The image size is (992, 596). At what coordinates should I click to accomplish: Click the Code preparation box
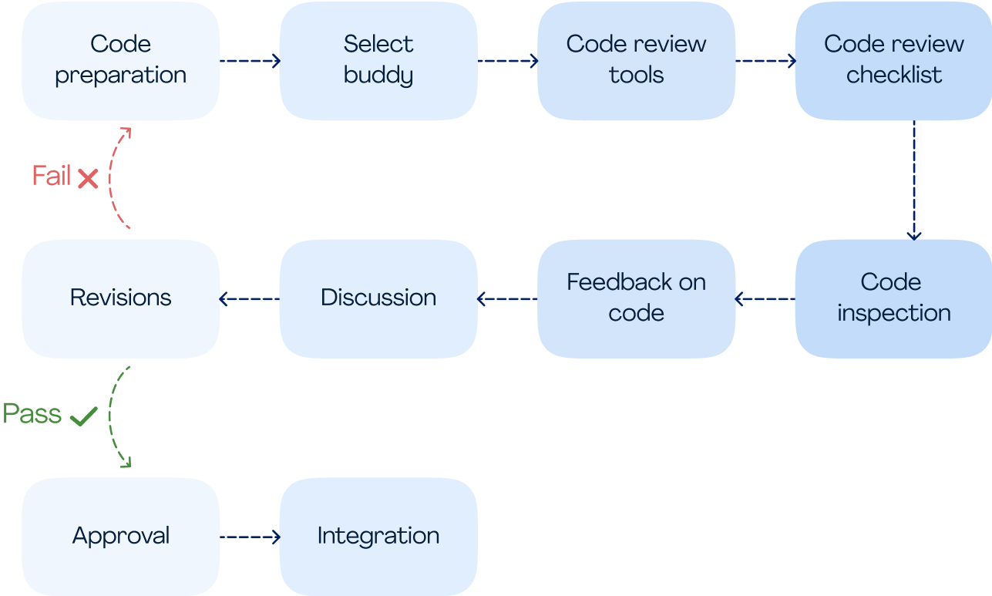coord(120,61)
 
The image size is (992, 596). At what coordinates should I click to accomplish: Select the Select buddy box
coord(378,61)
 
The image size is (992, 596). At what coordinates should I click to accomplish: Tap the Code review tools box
coord(637,61)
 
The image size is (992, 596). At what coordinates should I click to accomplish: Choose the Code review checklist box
coord(893,61)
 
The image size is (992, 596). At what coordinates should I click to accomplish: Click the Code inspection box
coord(893,299)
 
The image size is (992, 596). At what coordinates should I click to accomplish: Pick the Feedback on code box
coord(637,299)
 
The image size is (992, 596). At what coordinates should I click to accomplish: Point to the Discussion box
coord(378,299)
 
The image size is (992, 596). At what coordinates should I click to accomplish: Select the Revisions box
coord(120,299)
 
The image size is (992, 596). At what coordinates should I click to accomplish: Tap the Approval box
coord(120,537)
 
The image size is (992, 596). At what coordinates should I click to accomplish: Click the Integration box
coord(378,537)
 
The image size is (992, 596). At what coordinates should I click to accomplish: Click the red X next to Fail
coord(88,179)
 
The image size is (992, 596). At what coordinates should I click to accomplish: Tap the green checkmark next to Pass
coord(84,416)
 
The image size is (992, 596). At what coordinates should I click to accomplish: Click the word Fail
coord(52,175)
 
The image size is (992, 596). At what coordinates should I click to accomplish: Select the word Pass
coord(32,413)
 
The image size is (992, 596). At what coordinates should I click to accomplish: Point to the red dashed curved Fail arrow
coord(109,179)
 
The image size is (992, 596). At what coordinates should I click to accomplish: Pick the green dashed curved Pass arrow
coord(109,416)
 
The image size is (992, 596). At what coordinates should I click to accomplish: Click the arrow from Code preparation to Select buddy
coord(251,61)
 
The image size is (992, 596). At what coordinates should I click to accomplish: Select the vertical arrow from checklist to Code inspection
coord(914,180)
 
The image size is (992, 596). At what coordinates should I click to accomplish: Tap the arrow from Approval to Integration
coord(251,537)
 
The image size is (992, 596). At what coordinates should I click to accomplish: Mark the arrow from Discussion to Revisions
coord(249,299)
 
